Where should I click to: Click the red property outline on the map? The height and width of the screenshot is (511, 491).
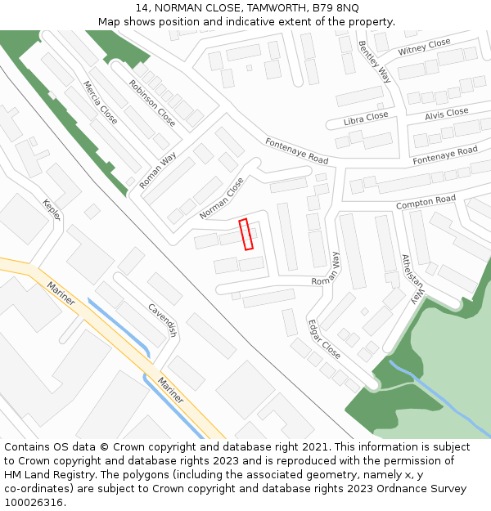click(245, 234)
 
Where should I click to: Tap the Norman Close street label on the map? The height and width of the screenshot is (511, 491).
click(222, 199)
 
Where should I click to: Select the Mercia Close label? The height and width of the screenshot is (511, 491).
click(100, 102)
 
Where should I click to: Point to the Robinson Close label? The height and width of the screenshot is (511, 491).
click(152, 102)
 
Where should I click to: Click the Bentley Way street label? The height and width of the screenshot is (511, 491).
click(374, 62)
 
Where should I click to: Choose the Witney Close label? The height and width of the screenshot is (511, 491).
click(425, 47)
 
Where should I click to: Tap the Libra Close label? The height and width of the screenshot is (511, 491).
click(366, 119)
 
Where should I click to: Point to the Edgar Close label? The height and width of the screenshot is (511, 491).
click(324, 338)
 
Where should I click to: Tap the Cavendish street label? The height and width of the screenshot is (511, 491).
click(162, 320)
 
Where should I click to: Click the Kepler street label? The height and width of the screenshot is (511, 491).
click(52, 210)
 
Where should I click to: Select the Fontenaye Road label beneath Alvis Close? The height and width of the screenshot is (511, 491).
click(445, 155)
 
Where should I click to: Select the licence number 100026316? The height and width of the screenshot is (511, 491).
click(34, 503)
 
